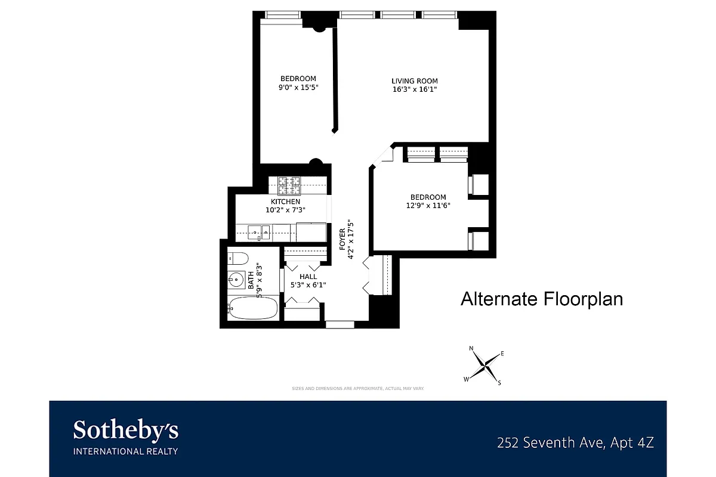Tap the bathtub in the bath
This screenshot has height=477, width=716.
pyautogui.click(x=253, y=308)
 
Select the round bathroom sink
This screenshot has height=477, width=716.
pyautogui.click(x=236, y=280)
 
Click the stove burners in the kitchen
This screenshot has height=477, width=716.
pyautogui.click(x=289, y=185)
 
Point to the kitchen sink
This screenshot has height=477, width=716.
pyautogui.click(x=258, y=231)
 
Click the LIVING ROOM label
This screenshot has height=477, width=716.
pyautogui.click(x=415, y=81)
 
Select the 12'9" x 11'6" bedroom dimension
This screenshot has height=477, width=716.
pyautogui.click(x=428, y=206)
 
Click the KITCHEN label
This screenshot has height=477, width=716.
pyautogui.click(x=286, y=202)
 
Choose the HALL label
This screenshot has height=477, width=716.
pyautogui.click(x=308, y=277)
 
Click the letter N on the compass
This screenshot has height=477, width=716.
pyautogui.click(x=471, y=348)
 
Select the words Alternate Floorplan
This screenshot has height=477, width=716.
pyautogui.click(x=541, y=299)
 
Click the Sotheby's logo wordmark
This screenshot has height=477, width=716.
pyautogui.click(x=125, y=430)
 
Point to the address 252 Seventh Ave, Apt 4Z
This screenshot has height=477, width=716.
pyautogui.click(x=576, y=443)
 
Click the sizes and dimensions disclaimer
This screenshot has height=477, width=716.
pyautogui.click(x=358, y=388)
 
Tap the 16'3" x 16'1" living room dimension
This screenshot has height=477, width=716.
pyautogui.click(x=415, y=90)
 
